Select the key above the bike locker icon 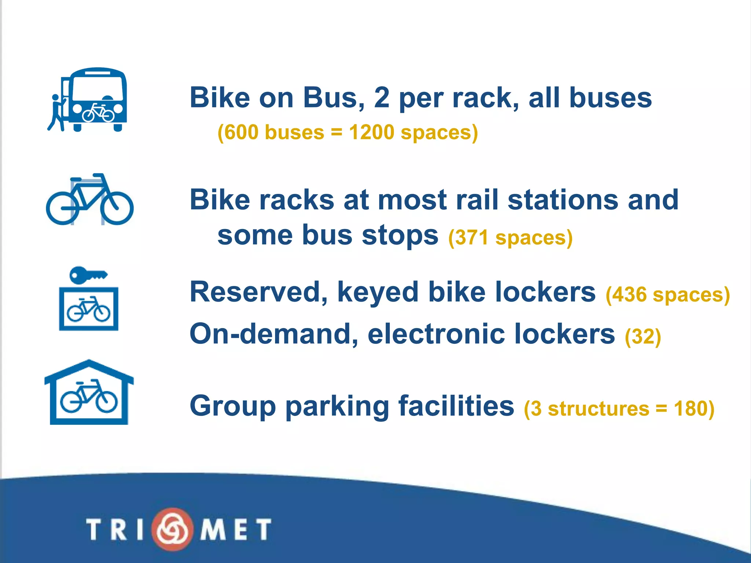(x=88, y=275)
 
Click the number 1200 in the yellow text (x=371, y=132)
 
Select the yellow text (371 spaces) (x=510, y=238)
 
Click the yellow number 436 (x=629, y=295)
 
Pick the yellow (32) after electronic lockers (x=643, y=336)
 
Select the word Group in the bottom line (x=232, y=406)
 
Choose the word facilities (x=456, y=406)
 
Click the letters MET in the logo (x=235, y=529)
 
